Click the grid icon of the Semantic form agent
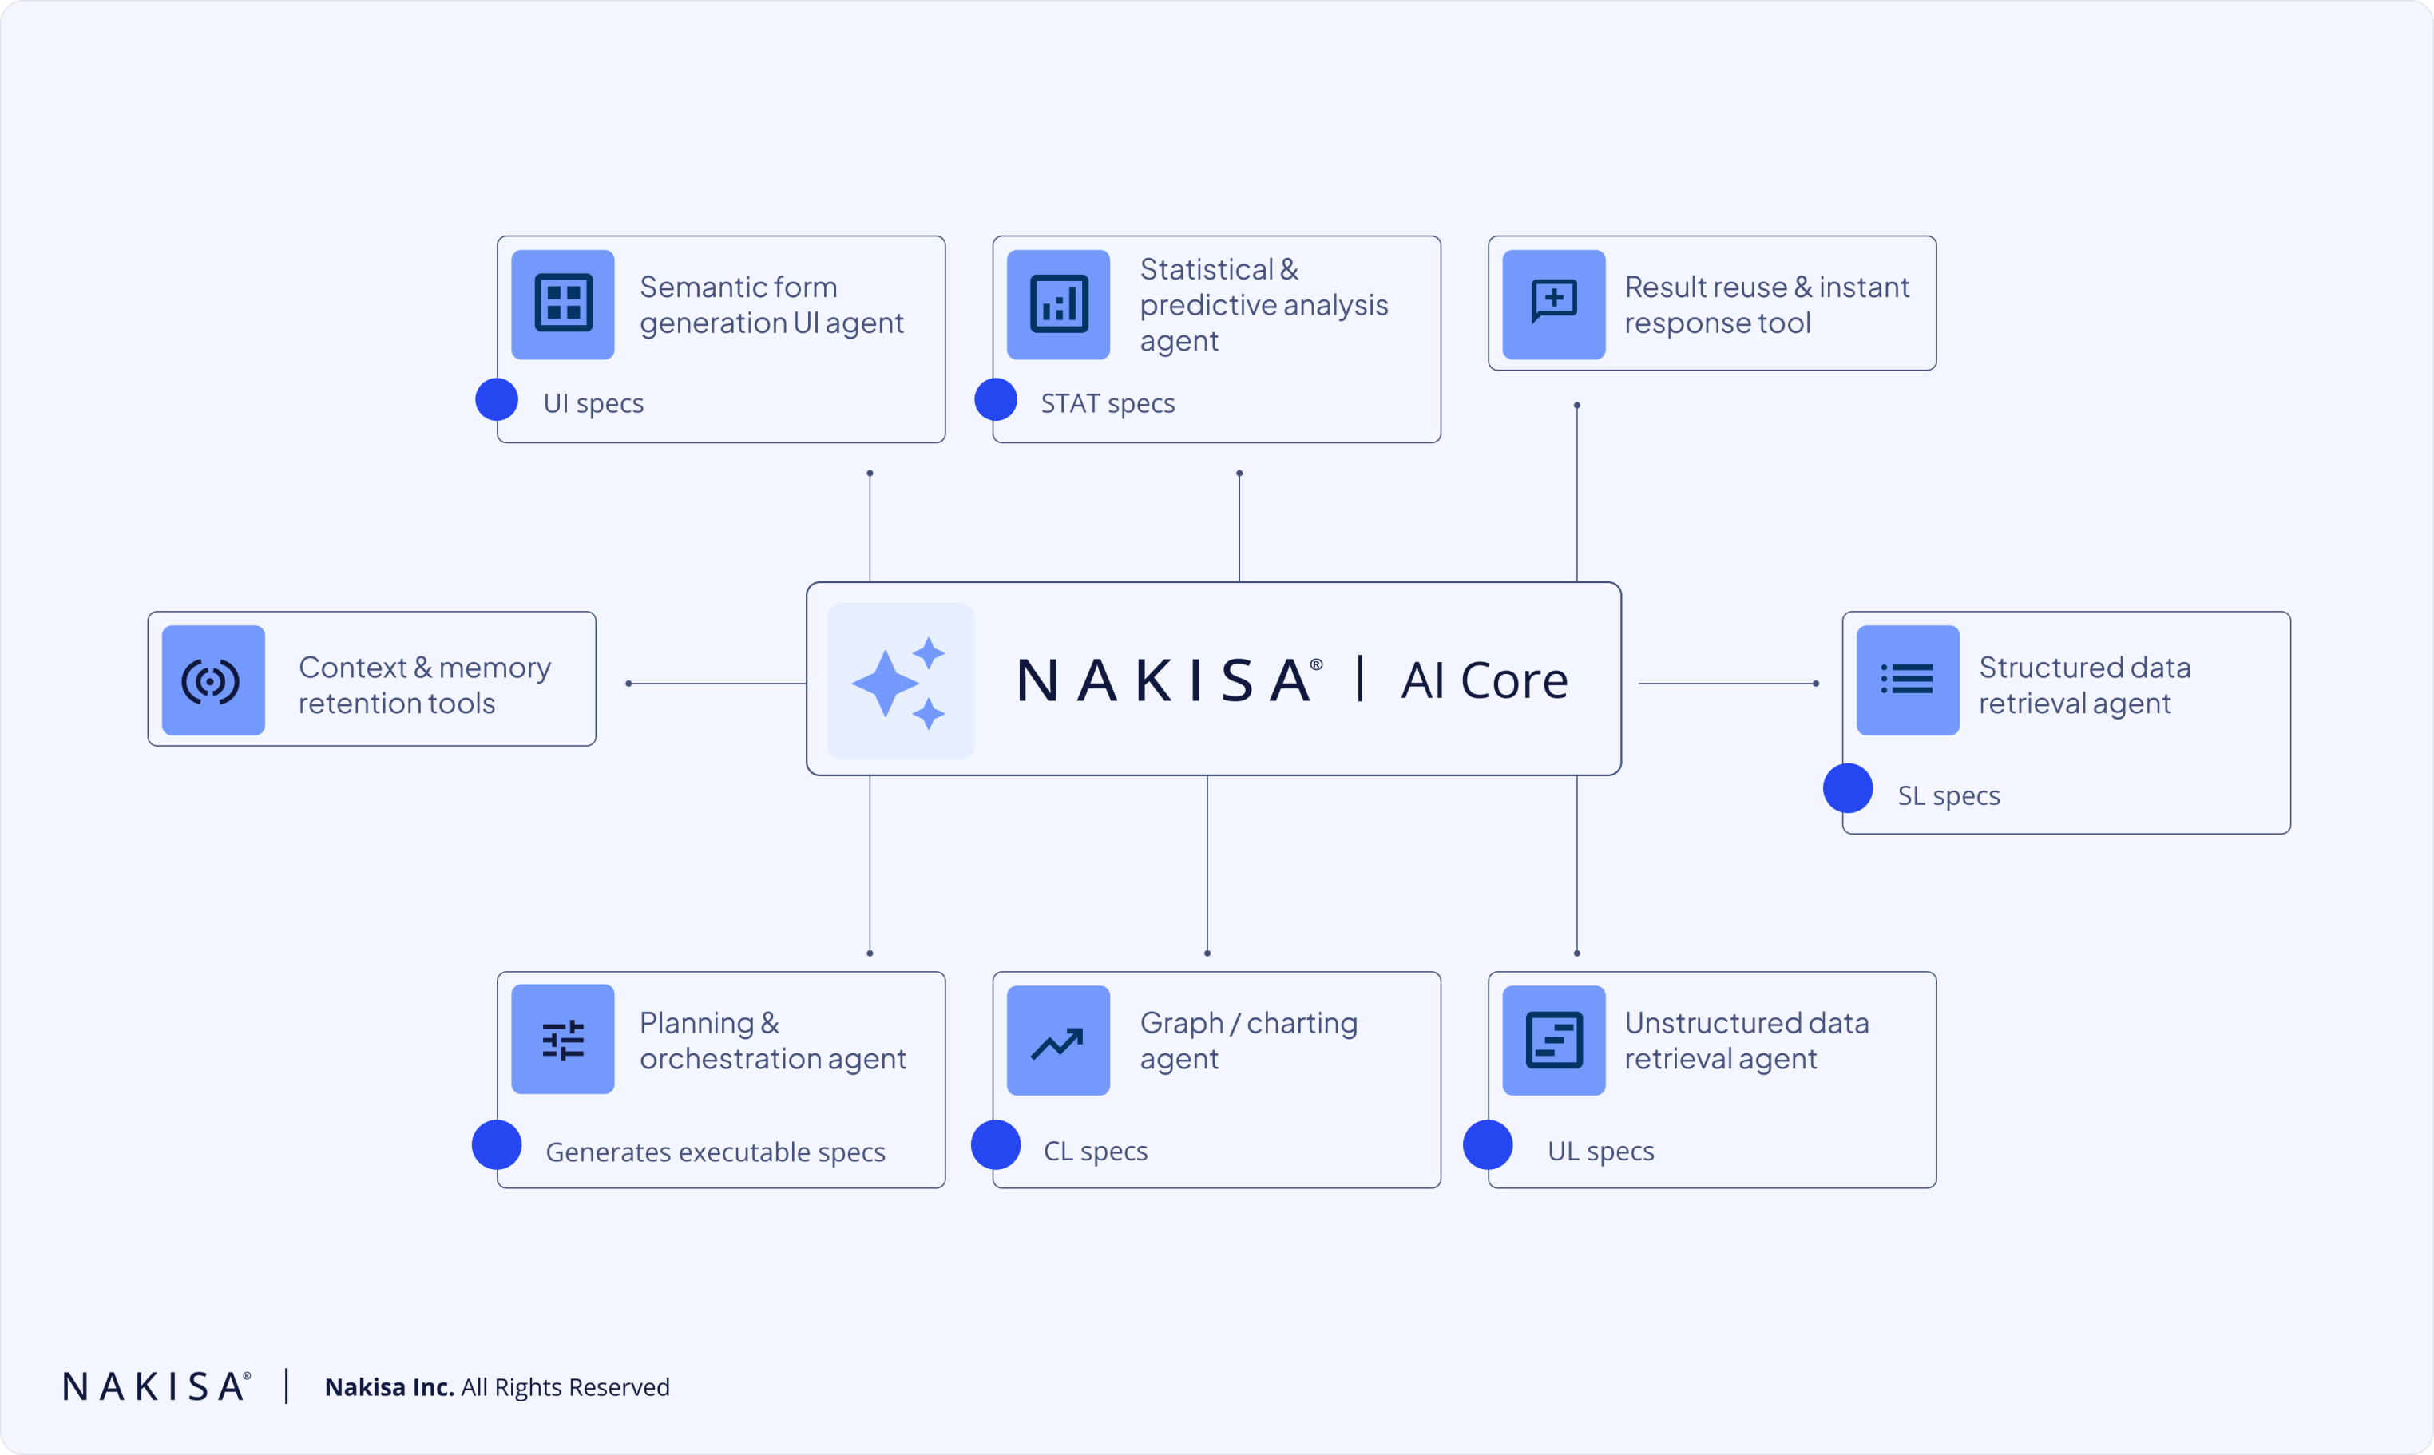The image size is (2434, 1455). coord(563,304)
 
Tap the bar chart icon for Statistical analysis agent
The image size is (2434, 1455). coord(1058,304)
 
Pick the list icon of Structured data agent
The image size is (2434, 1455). coord(1908,680)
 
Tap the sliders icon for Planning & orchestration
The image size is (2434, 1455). coord(563,1039)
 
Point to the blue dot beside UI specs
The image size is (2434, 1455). coord(497,400)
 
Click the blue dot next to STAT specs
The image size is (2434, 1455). coord(996,400)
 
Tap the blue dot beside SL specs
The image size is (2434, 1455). coord(1848,788)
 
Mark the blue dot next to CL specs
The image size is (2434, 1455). coord(996,1145)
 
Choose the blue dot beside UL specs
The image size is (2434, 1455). coord(1488,1145)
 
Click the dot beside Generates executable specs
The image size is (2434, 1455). coord(497,1145)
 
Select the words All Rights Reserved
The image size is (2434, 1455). coord(565,1387)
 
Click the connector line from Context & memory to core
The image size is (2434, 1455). coord(716,684)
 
